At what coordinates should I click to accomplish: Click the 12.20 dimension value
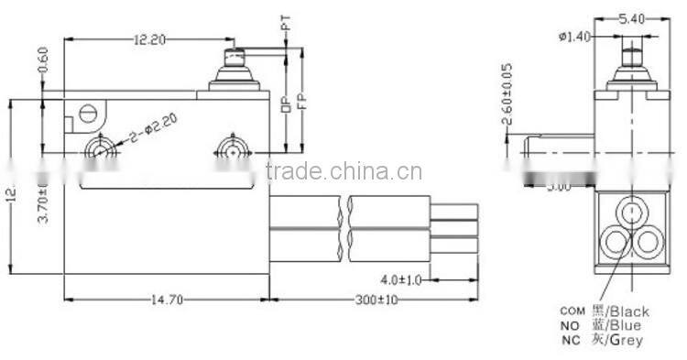pos(149,41)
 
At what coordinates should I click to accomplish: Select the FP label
pos(301,98)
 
